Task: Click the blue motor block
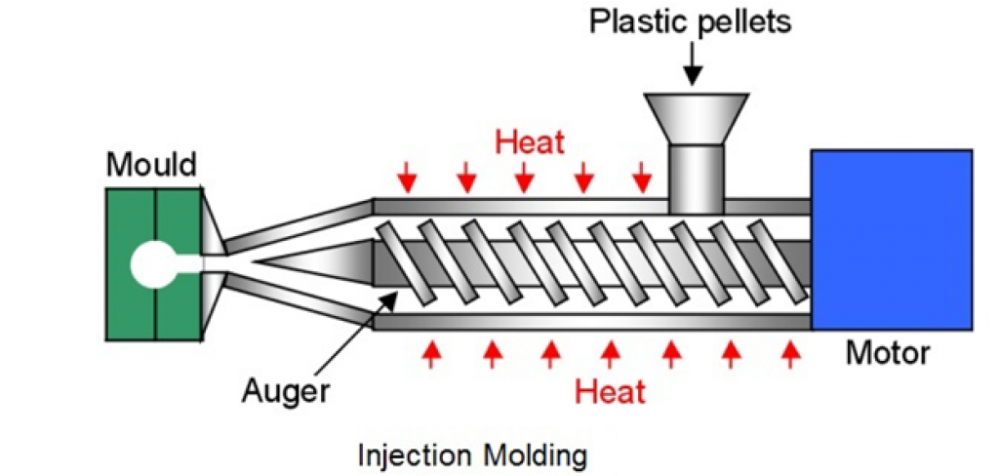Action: pos(891,239)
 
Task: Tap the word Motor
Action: pos(888,353)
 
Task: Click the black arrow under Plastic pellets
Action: pos(693,65)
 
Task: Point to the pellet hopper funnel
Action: pos(696,117)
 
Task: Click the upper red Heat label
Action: pos(530,142)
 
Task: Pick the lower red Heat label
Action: pos(610,392)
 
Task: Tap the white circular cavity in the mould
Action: pos(154,263)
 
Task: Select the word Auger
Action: pos(285,392)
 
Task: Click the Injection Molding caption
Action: pos(473,455)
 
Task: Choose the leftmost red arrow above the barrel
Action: pos(408,178)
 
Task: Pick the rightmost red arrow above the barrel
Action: pos(642,178)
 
